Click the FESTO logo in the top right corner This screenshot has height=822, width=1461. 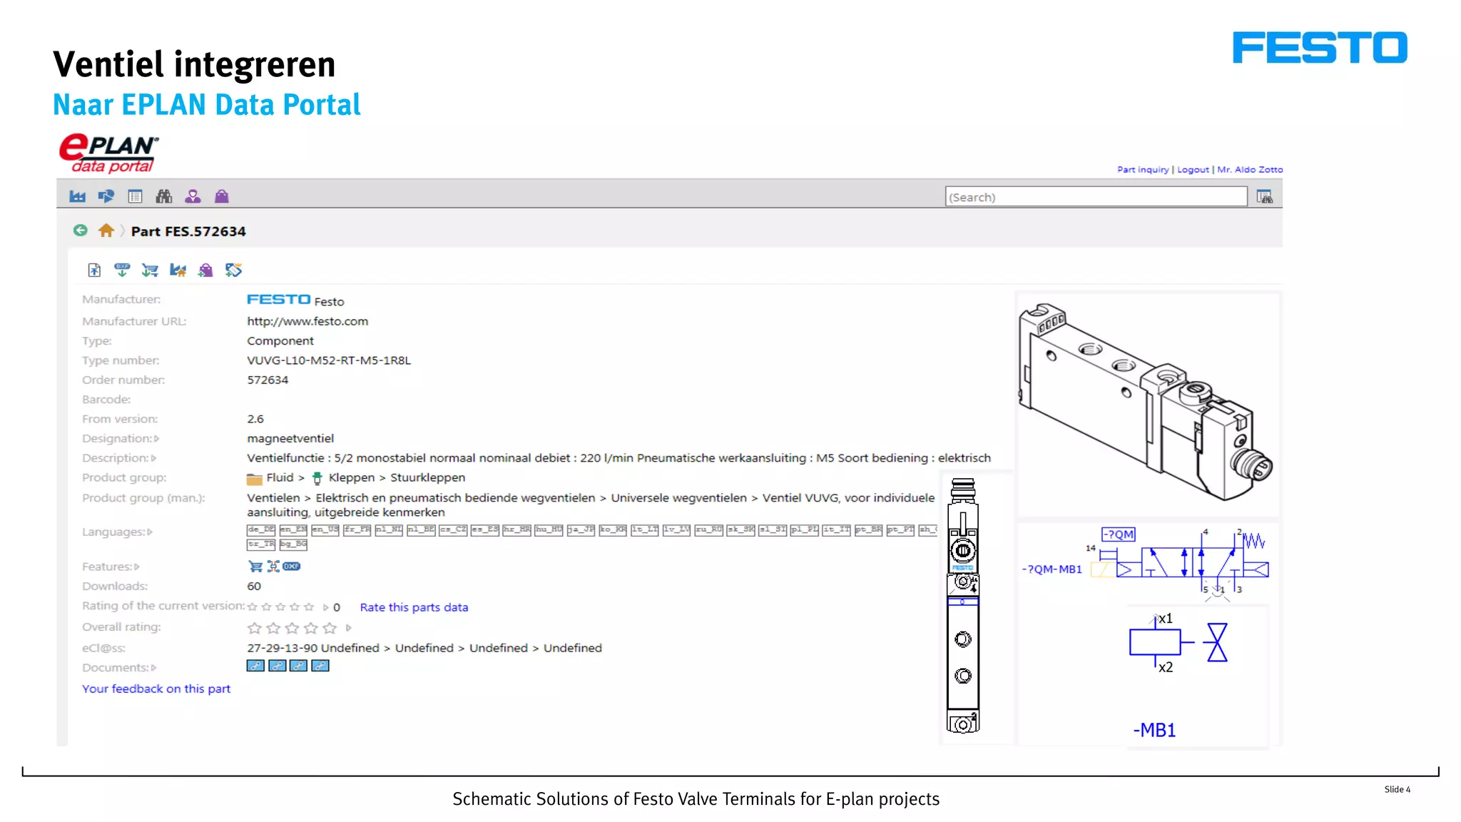click(1320, 48)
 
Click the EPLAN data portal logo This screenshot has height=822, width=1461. click(109, 153)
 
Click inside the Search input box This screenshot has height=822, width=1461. click(1096, 197)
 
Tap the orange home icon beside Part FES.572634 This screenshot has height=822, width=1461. click(106, 230)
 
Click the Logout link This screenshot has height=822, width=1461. click(1193, 170)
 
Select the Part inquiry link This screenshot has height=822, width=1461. click(1143, 170)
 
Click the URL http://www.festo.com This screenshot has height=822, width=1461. click(307, 322)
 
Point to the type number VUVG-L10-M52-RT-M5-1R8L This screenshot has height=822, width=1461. click(329, 360)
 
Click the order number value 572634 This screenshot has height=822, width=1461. click(268, 380)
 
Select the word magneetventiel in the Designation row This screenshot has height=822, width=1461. click(290, 439)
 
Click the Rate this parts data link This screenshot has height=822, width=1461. click(414, 607)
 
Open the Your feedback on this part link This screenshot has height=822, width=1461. click(156, 689)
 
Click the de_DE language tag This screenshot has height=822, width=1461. click(261, 529)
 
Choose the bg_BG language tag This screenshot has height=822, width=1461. click(293, 544)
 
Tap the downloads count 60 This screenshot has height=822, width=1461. click(254, 587)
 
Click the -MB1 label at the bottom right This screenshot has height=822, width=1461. click(1154, 731)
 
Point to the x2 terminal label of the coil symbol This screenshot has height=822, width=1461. click(1166, 668)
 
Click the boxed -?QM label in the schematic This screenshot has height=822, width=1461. click(1118, 534)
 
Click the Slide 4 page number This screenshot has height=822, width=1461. click(1397, 790)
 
